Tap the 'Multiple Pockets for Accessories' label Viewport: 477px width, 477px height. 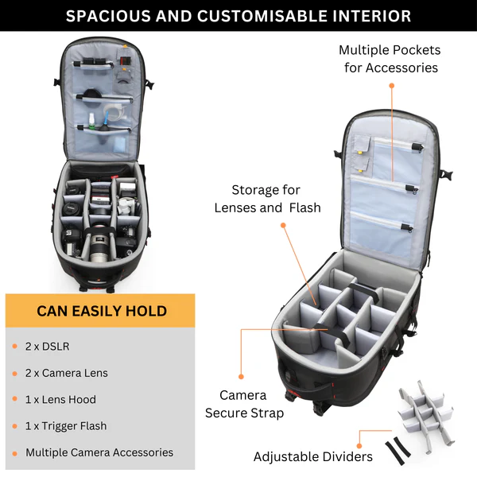[390, 59]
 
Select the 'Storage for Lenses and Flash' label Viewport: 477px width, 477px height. [267, 199]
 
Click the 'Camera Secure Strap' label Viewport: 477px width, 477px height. [244, 404]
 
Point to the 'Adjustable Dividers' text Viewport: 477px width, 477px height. [312, 456]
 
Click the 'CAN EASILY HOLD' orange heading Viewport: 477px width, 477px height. [101, 310]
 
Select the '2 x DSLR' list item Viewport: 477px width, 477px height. [47, 346]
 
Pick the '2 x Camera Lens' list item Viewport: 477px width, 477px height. [66, 373]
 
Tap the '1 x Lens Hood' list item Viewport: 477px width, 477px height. [60, 399]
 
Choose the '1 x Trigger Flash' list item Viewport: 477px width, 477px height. [66, 426]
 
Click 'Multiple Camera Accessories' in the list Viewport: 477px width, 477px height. [99, 452]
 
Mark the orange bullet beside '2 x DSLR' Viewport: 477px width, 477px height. [14, 347]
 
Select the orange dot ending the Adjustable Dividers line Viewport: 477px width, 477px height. [359, 433]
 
